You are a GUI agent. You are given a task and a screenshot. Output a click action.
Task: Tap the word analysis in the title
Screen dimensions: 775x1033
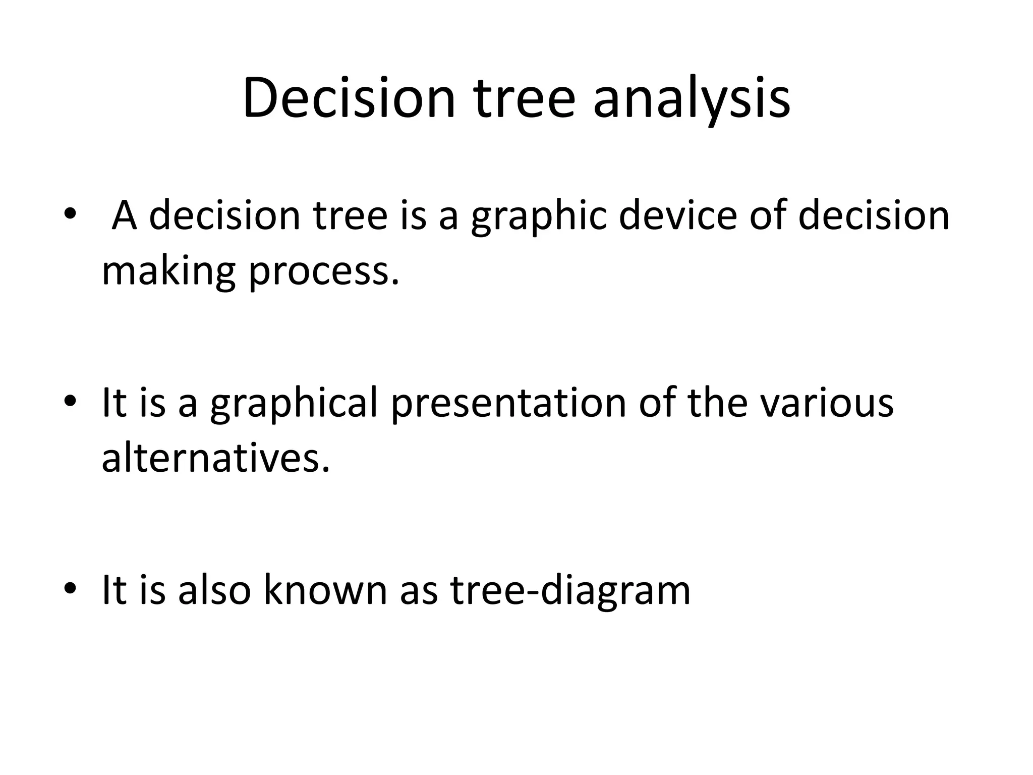click(692, 98)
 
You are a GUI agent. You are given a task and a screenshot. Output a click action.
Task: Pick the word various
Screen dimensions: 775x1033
click(827, 404)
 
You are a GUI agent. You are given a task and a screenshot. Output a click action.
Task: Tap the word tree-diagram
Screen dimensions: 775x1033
click(570, 590)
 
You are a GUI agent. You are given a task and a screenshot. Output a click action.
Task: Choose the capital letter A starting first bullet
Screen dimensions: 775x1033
click(124, 216)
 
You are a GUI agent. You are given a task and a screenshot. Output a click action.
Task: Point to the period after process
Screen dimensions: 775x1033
click(395, 282)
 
